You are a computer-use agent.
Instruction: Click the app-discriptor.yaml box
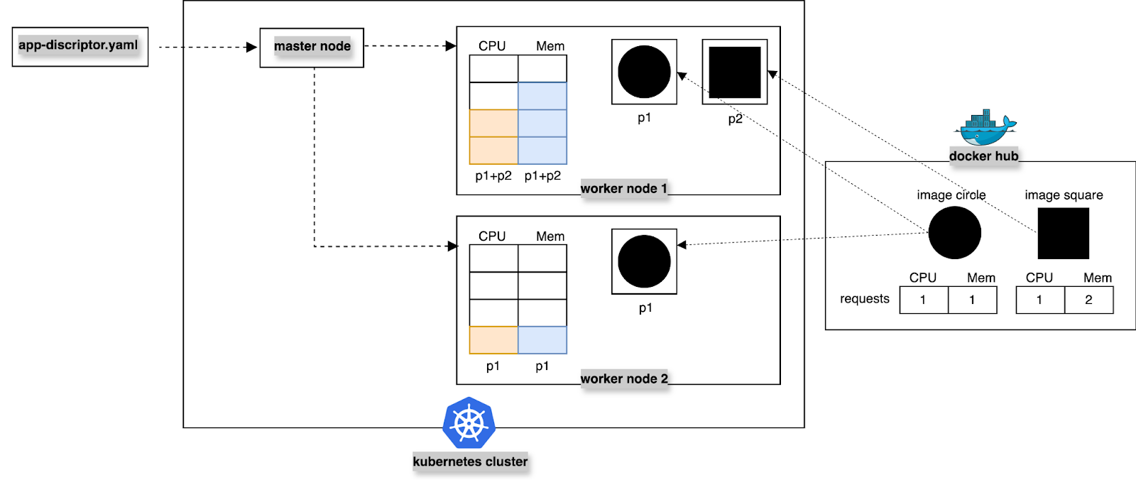tap(80, 46)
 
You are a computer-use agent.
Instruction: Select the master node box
tap(312, 48)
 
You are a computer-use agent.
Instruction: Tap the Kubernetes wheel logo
tap(469, 423)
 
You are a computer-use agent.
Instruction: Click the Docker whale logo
tap(984, 129)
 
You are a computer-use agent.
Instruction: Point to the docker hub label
tap(983, 156)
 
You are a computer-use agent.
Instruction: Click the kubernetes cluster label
tap(470, 462)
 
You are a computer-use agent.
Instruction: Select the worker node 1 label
tap(623, 188)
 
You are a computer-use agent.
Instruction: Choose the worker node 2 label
tap(624, 378)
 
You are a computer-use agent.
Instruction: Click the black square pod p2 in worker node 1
tap(735, 72)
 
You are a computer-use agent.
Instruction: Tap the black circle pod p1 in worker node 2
tap(644, 261)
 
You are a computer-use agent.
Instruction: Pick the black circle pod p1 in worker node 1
tap(644, 72)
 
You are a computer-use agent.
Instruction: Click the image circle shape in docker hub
tap(954, 233)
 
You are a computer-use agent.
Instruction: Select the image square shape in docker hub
tap(1063, 233)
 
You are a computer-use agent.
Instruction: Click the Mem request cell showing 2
tap(1088, 300)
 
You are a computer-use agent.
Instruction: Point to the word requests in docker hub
tap(864, 299)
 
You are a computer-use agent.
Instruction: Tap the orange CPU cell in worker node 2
tap(493, 340)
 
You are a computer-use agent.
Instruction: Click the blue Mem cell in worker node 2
tap(542, 340)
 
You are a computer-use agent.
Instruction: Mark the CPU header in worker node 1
tap(492, 46)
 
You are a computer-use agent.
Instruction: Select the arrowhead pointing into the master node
tap(251, 48)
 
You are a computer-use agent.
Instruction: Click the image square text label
tap(1064, 195)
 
